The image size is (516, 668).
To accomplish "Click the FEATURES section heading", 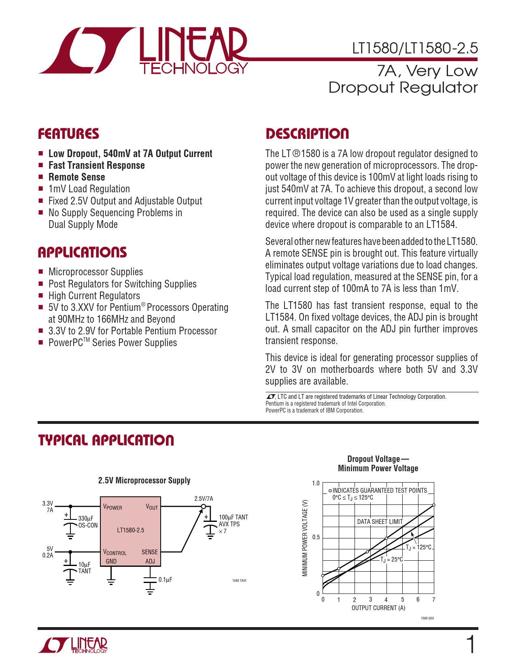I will (x=68, y=134).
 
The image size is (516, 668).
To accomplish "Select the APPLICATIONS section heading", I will (x=82, y=253).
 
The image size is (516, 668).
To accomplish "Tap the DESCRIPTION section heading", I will (x=307, y=134).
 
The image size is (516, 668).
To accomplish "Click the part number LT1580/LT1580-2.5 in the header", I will (x=415, y=49).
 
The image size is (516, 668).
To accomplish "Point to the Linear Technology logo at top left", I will (x=143, y=51).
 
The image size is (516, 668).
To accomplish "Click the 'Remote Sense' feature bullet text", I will (x=76, y=177).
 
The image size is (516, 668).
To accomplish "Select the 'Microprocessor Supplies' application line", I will (x=96, y=272).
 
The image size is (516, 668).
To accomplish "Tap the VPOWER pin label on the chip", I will (x=113, y=507).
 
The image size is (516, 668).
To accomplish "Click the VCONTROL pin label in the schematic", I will (x=115, y=552).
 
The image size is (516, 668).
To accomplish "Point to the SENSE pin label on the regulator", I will (x=149, y=552).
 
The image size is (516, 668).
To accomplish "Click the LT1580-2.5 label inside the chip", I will (x=130, y=530).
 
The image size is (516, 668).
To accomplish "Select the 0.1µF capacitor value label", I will (x=165, y=580).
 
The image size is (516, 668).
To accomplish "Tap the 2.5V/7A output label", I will (x=204, y=499).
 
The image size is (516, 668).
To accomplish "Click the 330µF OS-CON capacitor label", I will (x=87, y=522).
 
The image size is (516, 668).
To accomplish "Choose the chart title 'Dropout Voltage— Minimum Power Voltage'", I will (x=378, y=464).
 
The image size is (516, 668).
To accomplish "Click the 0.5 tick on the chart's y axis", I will (x=316, y=537).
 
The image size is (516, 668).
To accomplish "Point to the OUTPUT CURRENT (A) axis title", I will (x=378, y=608).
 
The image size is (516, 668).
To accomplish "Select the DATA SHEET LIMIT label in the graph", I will (x=380, y=521).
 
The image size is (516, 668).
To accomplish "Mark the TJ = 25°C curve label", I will (x=392, y=560).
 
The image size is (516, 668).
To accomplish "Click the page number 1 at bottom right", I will (x=471, y=645).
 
